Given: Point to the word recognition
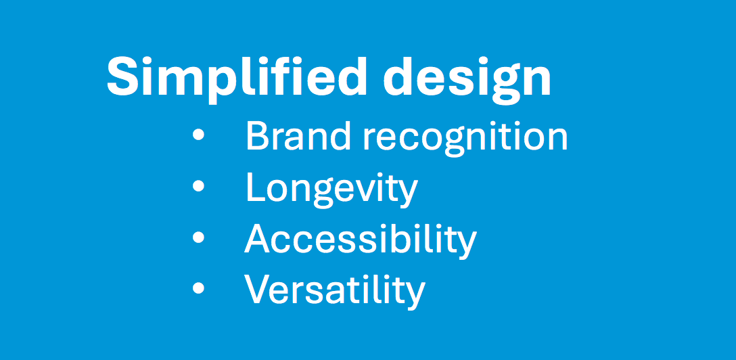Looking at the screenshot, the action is coord(465,139).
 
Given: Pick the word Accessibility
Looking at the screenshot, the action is coord(361,240).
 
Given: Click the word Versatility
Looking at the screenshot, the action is coord(335,290).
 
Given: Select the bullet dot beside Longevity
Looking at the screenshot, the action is coord(199,186).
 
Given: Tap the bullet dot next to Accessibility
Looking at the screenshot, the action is coord(199,237).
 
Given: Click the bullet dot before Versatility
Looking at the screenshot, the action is coord(199,287).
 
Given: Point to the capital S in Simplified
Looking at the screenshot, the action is coord(124,76).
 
